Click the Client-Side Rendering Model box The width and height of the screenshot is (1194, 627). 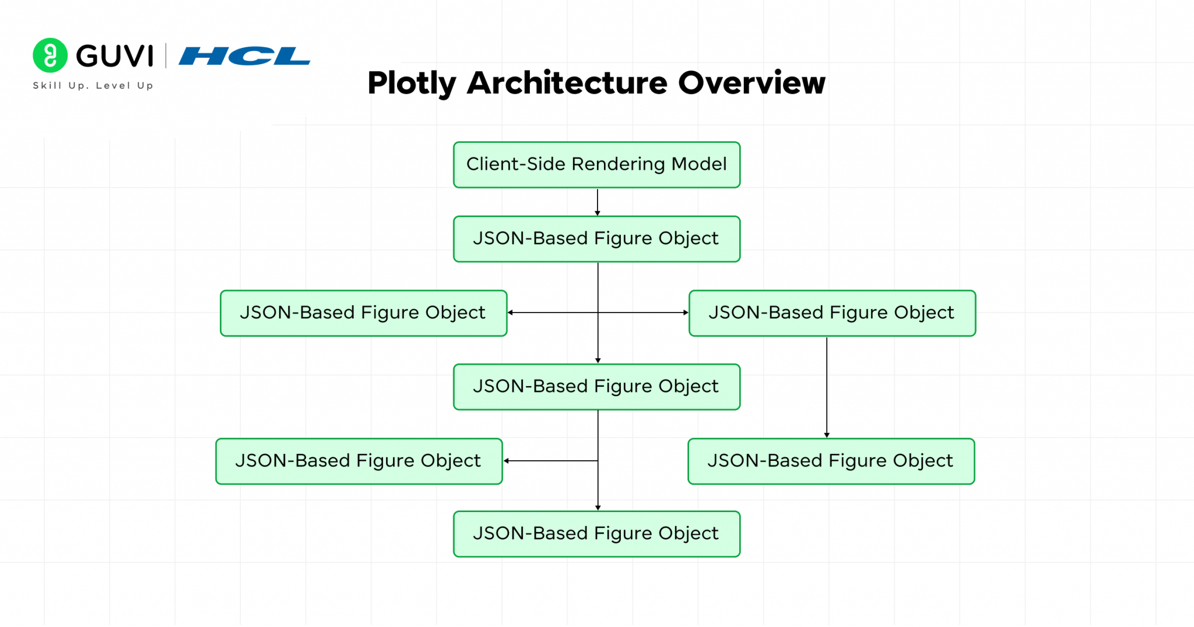click(x=596, y=164)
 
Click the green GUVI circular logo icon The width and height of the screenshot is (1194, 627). click(x=50, y=55)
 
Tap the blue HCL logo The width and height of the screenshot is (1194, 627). click(x=244, y=56)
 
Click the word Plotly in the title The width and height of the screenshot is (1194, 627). click(x=412, y=83)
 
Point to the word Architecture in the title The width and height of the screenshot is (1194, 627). click(x=567, y=83)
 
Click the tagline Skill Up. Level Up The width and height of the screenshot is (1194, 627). click(x=93, y=86)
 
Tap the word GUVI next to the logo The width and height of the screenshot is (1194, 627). click(x=115, y=57)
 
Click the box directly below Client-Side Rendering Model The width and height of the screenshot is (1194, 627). click(x=596, y=239)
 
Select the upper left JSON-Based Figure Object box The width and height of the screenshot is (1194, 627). click(x=363, y=313)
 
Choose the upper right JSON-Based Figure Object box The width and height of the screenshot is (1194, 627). click(x=832, y=313)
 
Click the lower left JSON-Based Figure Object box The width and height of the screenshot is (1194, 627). click(x=359, y=461)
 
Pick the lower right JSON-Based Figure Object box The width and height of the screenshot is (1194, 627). click(x=831, y=461)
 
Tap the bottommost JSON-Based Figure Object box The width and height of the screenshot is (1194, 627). click(x=596, y=534)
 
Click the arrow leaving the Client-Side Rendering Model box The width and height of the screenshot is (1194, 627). click(x=598, y=202)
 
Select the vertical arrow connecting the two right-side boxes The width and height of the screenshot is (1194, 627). click(x=827, y=388)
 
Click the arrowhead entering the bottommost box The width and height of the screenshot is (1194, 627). click(x=598, y=507)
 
